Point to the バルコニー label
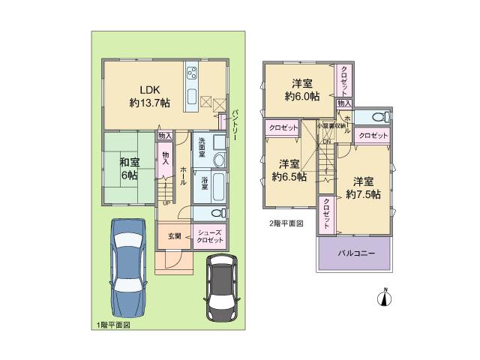click(x=355, y=253)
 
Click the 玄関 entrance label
click(x=174, y=235)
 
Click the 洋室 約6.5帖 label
click(x=289, y=171)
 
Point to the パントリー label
click(x=234, y=121)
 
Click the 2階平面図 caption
click(x=286, y=223)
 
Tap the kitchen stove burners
click(x=191, y=73)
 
